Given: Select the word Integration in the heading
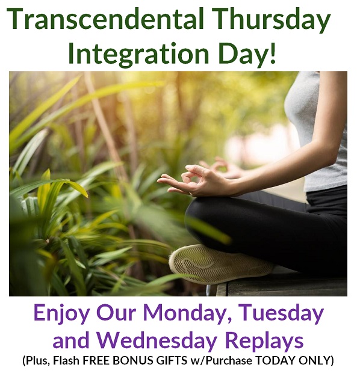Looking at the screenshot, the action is (138, 54).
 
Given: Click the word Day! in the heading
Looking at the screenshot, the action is (247, 54).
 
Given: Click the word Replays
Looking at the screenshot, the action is (264, 340).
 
